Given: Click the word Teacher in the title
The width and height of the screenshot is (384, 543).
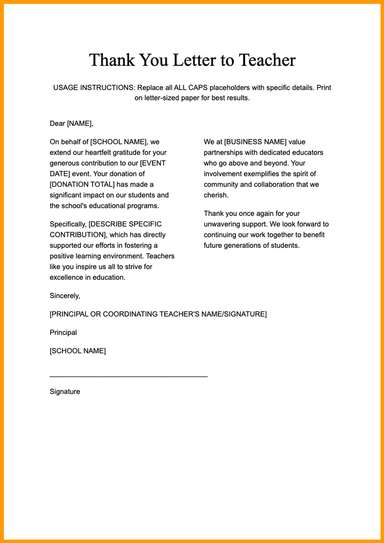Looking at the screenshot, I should [267, 60].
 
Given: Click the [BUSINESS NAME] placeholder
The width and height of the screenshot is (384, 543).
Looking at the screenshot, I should [255, 142].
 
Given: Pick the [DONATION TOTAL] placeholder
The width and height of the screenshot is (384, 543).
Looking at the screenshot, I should [82, 184].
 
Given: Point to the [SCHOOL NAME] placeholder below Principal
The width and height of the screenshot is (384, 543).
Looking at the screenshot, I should [78, 351].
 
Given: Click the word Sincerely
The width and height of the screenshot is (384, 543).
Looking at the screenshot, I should [64, 296].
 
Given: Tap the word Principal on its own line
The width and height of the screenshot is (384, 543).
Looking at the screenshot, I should [63, 332].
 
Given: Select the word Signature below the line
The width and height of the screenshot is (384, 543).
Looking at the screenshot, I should [65, 392].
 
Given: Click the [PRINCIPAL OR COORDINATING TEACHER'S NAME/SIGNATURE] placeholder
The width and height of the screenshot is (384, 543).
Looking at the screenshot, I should [158, 314].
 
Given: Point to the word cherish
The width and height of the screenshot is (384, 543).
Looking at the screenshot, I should [215, 195].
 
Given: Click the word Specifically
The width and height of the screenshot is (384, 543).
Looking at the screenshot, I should [68, 224].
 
